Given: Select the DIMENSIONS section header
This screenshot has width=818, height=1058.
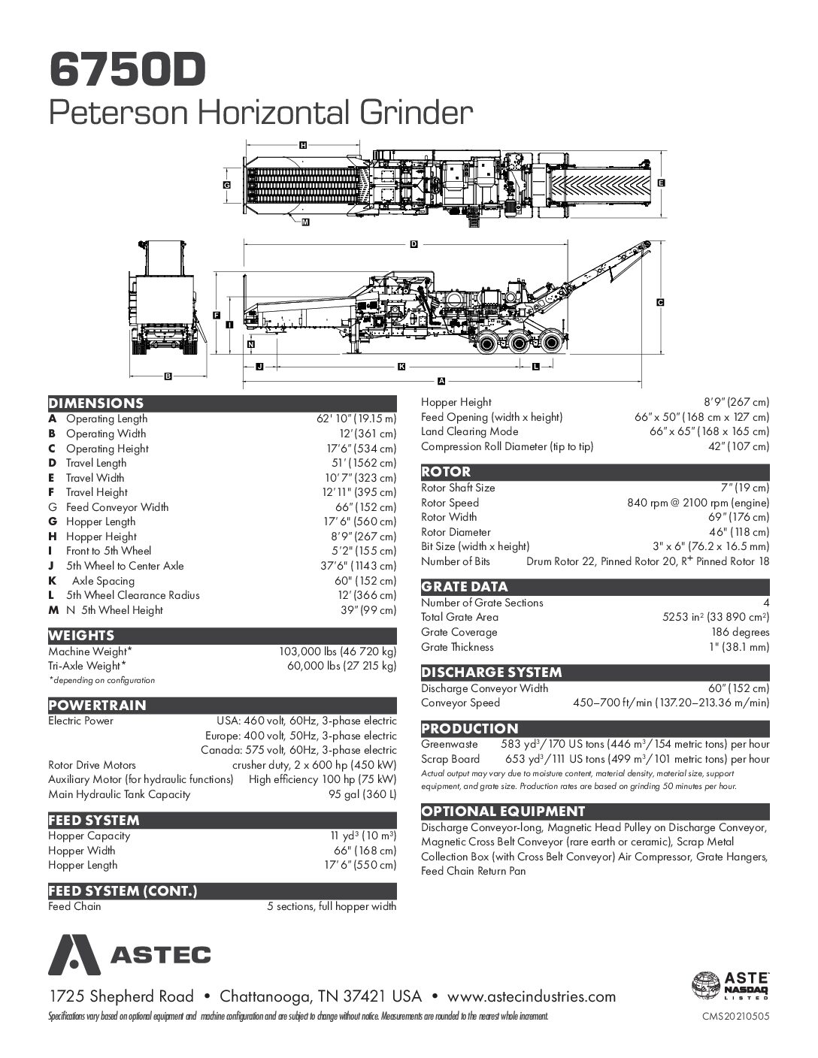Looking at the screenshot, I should click(95, 403).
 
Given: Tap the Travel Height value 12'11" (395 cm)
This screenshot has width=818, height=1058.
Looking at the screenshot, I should click(356, 492).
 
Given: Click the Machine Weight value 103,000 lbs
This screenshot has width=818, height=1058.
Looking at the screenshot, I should click(338, 651).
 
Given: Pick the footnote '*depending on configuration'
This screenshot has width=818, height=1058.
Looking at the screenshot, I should click(101, 680).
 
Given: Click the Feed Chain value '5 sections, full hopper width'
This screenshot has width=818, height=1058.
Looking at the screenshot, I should click(332, 906).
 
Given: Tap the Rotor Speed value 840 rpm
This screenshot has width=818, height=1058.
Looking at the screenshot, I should click(698, 503).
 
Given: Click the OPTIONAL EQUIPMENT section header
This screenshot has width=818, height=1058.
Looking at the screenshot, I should click(503, 811).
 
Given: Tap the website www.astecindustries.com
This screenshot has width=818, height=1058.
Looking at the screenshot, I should click(532, 996).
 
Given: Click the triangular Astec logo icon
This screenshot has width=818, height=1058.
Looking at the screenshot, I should click(74, 954).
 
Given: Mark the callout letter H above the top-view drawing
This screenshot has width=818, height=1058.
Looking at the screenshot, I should click(303, 144).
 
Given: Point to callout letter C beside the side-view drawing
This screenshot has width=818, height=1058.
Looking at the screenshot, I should click(660, 302).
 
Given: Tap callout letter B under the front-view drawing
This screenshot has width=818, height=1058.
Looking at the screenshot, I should click(168, 376).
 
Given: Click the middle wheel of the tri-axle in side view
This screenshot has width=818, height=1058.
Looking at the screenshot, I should click(519, 344).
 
